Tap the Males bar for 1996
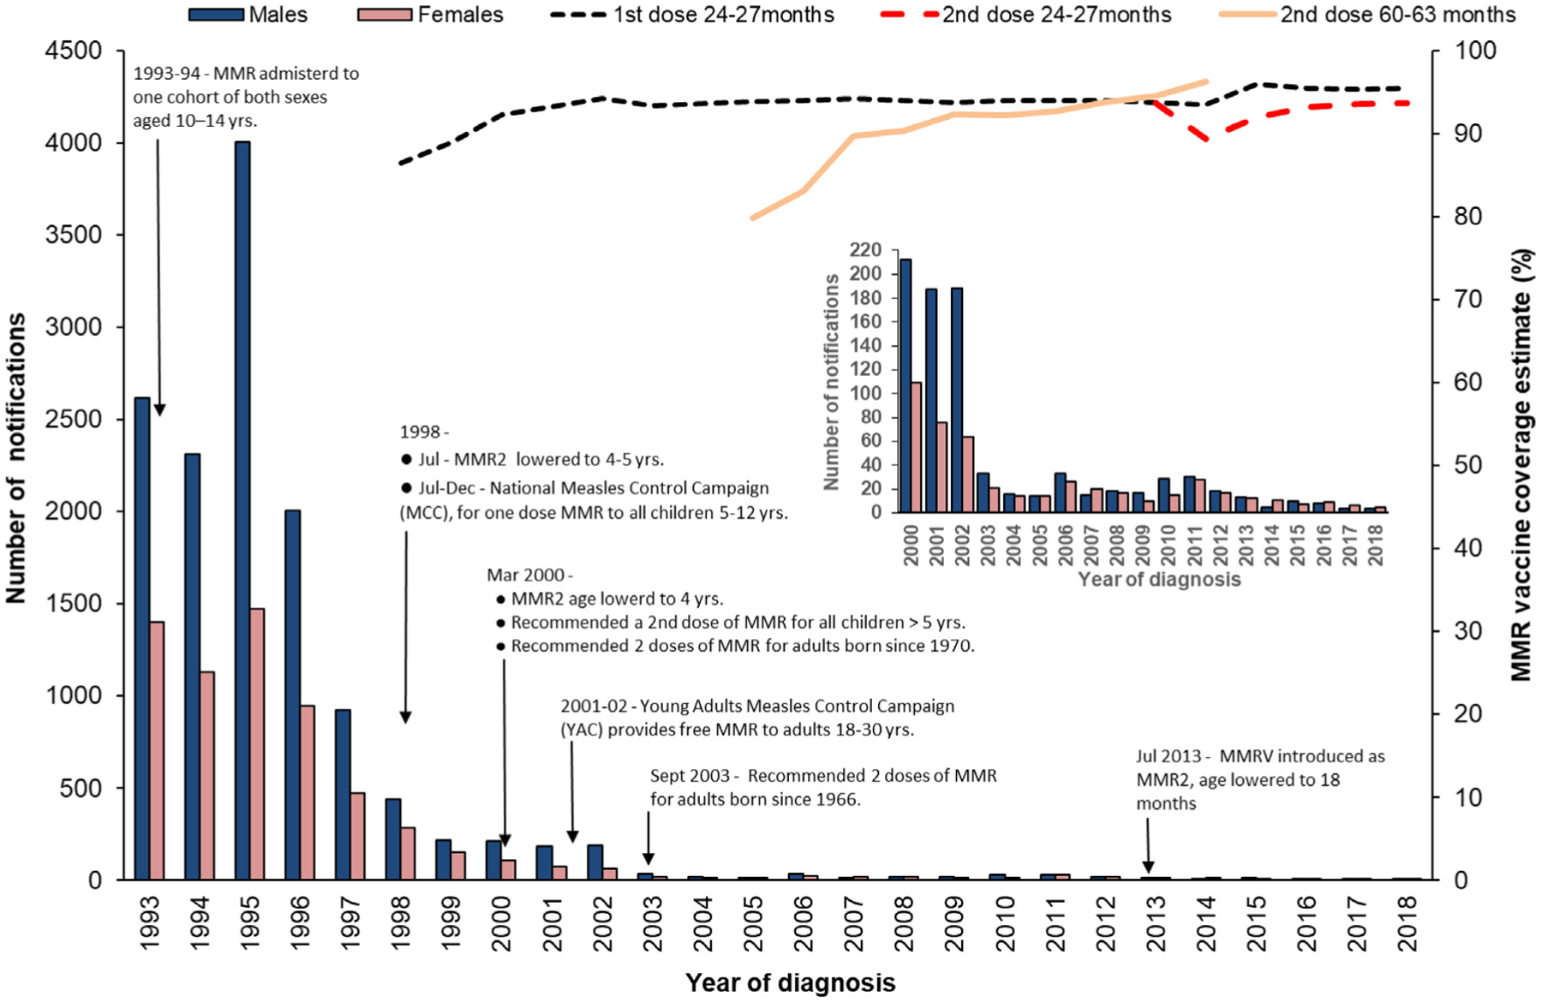pyautogui.click(x=292, y=695)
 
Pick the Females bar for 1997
pyautogui.click(x=357, y=836)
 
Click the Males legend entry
pyautogui.click(x=248, y=15)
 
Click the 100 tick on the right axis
pyautogui.click(x=1476, y=51)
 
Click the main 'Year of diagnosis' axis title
pyautogui.click(x=790, y=982)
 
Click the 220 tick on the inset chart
pyautogui.click(x=865, y=250)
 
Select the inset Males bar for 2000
pyautogui.click(x=905, y=385)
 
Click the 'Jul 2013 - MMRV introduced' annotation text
pyautogui.click(x=1260, y=779)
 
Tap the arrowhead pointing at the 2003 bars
pyautogui.click(x=648, y=858)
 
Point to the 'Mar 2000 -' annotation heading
pyautogui.click(x=530, y=575)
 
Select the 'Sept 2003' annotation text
pyautogui.click(x=823, y=787)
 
